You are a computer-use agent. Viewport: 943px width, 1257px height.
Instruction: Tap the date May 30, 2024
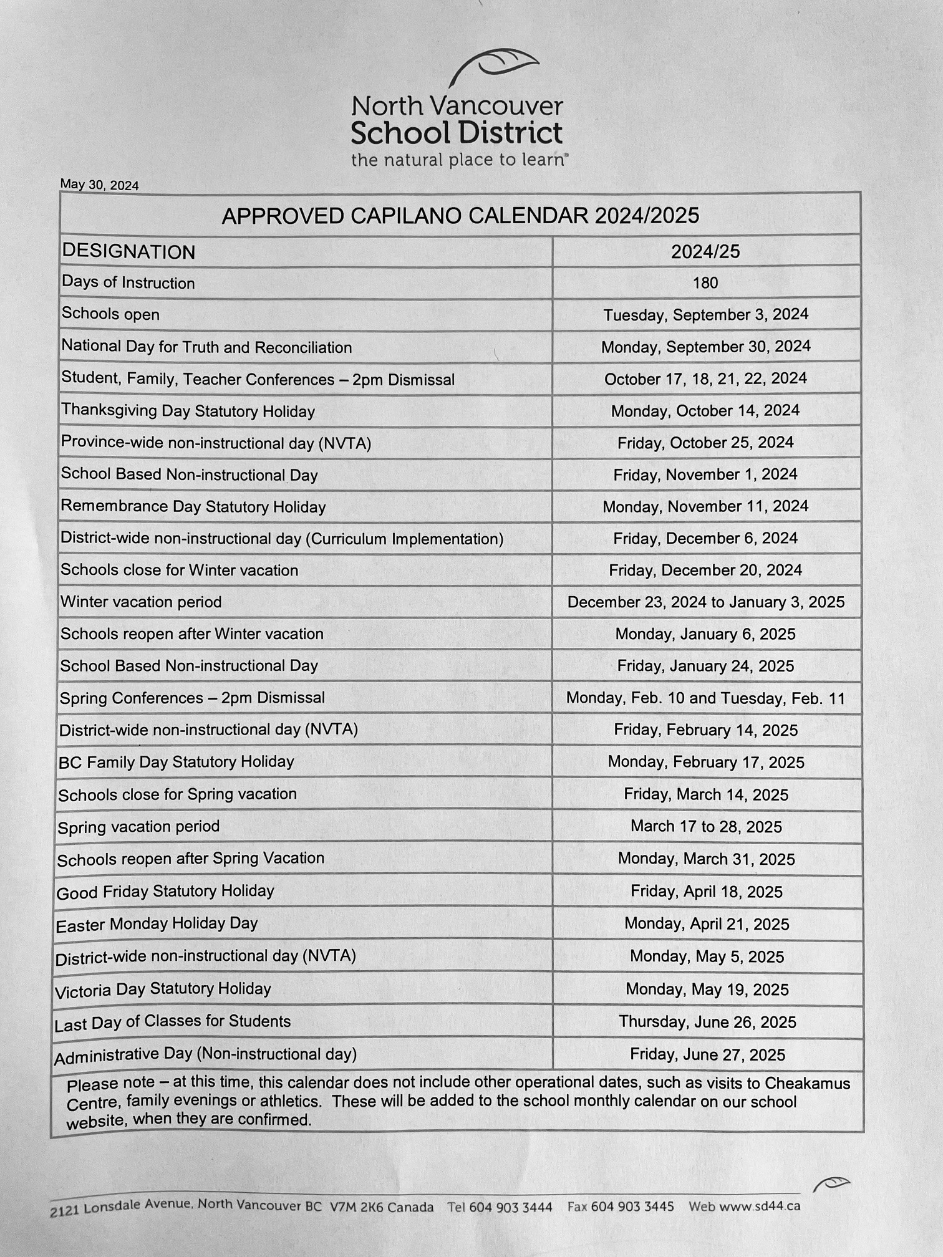(99, 185)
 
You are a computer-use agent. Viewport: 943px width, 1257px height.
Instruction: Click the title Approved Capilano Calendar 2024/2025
(460, 216)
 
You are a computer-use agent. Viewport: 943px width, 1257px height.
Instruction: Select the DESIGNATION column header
(128, 252)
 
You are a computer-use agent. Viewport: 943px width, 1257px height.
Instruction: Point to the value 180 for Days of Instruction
(705, 283)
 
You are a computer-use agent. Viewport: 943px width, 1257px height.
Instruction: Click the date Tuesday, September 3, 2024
(705, 315)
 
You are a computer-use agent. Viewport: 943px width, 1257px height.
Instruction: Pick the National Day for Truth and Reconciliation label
(206, 347)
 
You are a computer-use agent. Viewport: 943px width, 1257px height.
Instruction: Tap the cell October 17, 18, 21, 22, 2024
(705, 379)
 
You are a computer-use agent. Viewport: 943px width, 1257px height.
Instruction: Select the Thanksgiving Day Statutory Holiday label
(188, 412)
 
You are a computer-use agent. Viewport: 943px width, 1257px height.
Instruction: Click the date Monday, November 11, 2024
(705, 506)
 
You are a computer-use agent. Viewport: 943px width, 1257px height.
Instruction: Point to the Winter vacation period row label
(141, 602)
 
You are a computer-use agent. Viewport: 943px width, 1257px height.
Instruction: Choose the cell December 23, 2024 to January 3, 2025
(705, 602)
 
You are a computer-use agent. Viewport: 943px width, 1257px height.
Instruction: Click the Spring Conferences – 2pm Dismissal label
(192, 698)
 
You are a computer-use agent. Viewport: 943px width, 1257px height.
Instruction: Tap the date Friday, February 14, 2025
(705, 730)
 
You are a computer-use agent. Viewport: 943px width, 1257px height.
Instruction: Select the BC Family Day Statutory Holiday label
(176, 762)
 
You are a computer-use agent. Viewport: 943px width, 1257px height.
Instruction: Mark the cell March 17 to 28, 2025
(706, 827)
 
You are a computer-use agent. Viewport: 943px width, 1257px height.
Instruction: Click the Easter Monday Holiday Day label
(157, 924)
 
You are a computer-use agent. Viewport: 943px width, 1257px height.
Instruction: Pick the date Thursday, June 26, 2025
(707, 1022)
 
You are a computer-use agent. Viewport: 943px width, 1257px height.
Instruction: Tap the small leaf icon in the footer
(831, 1183)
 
